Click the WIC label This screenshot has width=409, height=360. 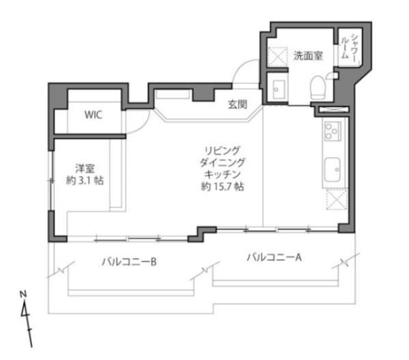[93, 115]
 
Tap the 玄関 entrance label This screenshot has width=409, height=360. [238, 104]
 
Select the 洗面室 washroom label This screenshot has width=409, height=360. [308, 55]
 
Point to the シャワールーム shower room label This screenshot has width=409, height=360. [349, 48]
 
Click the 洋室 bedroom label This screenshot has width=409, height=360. [85, 168]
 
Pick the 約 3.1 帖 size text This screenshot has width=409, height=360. [85, 181]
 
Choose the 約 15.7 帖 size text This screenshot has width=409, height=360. [222, 187]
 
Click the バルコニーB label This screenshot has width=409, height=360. [129, 262]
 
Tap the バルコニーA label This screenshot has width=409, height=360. [274, 258]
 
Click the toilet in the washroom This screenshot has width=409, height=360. [318, 87]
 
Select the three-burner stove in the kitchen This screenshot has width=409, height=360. [333, 131]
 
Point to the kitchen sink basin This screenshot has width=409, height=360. [333, 170]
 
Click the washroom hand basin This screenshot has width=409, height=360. [278, 89]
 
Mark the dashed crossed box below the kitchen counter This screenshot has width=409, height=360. [337, 200]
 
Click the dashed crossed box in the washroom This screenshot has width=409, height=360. [278, 57]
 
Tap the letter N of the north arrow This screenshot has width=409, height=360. [23, 295]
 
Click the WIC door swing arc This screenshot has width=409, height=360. [142, 126]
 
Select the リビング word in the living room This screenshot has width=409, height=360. [222, 151]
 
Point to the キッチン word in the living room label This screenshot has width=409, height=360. [222, 174]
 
